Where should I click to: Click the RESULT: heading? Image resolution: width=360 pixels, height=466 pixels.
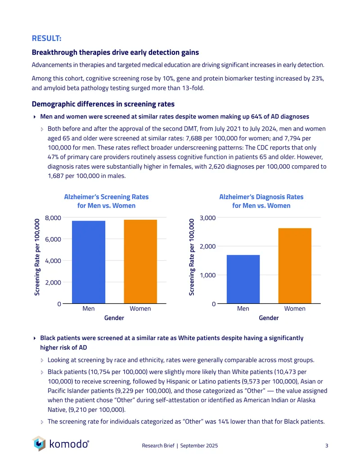click(47, 38)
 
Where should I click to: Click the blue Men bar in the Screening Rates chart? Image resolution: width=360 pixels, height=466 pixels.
click(89, 262)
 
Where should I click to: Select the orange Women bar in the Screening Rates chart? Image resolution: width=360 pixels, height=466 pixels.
click(140, 262)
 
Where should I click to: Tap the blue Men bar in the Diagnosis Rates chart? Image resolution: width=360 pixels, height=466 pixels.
click(243, 279)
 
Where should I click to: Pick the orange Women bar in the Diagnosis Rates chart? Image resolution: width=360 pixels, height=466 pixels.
click(295, 266)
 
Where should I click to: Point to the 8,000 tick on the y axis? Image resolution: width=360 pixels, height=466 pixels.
click(53, 218)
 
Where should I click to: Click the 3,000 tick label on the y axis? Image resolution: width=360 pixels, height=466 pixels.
click(207, 218)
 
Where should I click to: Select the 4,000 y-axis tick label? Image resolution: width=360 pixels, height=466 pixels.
click(53, 261)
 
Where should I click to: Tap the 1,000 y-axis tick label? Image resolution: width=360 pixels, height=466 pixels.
click(207, 275)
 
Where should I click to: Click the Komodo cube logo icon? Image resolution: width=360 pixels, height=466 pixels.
click(39, 443)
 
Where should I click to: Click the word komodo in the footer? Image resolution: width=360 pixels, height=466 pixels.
click(69, 443)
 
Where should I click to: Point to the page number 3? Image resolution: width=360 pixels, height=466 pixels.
click(327, 445)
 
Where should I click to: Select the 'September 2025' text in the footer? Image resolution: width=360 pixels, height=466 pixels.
click(199, 445)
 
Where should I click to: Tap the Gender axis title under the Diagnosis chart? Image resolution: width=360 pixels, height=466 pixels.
click(269, 318)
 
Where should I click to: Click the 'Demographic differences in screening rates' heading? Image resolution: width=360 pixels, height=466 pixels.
click(103, 104)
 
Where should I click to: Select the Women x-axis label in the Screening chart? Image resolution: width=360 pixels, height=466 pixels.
click(140, 308)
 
